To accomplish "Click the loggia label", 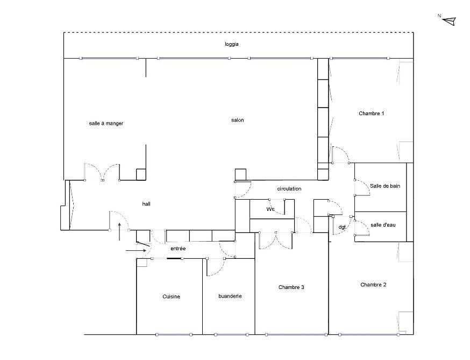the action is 232,44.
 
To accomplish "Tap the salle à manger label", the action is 106,123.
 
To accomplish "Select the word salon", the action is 237,120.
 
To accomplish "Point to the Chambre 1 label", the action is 372,114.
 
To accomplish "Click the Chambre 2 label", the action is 373,285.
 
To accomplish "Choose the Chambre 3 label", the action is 291,287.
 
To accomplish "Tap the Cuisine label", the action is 171,297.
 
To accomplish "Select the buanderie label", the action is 230,296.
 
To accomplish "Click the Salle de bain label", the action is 385,186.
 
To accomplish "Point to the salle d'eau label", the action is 383,225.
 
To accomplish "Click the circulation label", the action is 289,189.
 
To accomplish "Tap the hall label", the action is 146,204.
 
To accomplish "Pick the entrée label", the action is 178,249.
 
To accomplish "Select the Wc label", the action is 270,209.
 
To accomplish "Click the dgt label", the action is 342,227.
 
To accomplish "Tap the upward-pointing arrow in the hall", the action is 119,231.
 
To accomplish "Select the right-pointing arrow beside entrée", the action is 136,250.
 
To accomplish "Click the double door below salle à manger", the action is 102,173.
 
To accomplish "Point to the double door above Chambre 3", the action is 276,241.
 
